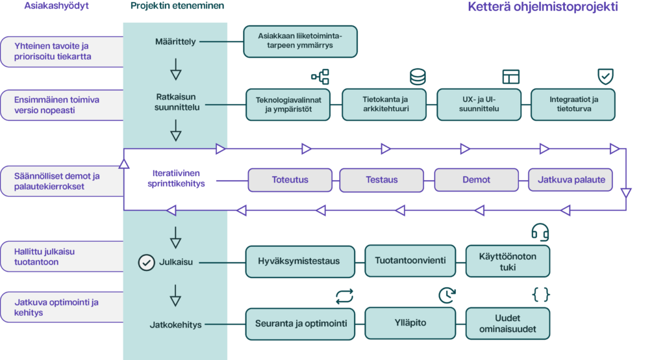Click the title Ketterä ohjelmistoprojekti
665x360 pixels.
(542, 7)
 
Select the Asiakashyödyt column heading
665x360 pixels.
(56, 6)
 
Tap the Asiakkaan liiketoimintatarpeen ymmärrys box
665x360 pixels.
(300, 41)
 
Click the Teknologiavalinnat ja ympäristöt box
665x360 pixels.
(288, 105)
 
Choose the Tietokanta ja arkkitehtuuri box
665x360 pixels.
(384, 105)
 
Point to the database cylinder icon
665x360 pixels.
(418, 77)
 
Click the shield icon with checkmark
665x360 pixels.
(605, 77)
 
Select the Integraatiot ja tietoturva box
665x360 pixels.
(573, 105)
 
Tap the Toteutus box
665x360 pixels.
(290, 180)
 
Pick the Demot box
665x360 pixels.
(476, 180)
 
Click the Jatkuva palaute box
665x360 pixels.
(570, 180)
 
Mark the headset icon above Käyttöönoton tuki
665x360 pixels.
(540, 232)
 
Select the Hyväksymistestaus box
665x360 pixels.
(300, 261)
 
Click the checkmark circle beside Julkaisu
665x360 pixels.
(146, 263)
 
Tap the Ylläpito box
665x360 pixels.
(410, 323)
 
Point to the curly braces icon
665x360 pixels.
(541, 294)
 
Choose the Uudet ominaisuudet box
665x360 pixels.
(508, 324)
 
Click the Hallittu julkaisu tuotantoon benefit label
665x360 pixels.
(62, 257)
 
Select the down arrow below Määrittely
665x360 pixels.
(175, 69)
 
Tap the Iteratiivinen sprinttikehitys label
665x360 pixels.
(176, 178)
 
